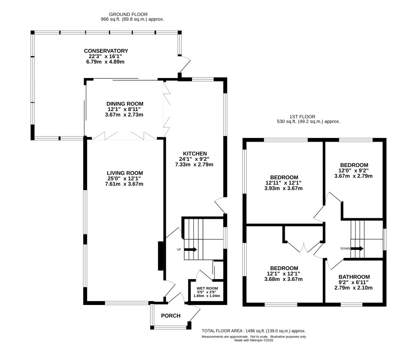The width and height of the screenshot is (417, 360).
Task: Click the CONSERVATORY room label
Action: click(x=106, y=51)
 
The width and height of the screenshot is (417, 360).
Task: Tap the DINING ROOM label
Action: click(x=125, y=104)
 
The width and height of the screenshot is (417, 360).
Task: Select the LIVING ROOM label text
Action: click(x=125, y=173)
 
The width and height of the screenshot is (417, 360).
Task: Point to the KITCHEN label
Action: click(x=195, y=153)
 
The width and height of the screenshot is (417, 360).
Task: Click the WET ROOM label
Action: click(x=207, y=288)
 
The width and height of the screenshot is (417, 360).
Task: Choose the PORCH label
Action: click(x=171, y=316)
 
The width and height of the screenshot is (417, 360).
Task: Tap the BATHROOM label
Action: click(x=354, y=277)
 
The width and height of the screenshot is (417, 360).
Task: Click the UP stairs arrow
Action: click(x=191, y=249)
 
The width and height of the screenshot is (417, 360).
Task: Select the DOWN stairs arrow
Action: click(x=357, y=248)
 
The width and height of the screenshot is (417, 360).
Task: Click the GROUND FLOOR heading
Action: click(x=128, y=15)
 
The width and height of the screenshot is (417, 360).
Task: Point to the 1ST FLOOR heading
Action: click(x=302, y=116)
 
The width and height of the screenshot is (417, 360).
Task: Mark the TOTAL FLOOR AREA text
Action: click(x=254, y=331)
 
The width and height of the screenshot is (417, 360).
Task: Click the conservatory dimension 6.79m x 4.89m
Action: click(x=104, y=62)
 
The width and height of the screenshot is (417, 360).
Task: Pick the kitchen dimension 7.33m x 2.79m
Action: click(x=194, y=164)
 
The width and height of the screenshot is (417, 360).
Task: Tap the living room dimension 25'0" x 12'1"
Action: click(x=124, y=178)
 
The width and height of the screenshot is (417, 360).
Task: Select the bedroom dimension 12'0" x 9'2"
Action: click(x=353, y=170)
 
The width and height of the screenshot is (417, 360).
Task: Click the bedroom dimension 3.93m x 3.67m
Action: click(x=283, y=188)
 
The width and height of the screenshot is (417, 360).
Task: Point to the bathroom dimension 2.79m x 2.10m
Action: click(x=353, y=288)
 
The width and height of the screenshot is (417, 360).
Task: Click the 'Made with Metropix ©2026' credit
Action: click(x=254, y=340)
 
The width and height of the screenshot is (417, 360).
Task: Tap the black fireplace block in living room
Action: click(x=161, y=256)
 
